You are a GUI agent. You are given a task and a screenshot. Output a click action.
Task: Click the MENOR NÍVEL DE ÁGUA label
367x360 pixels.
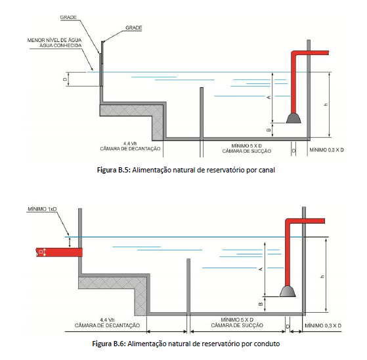54,40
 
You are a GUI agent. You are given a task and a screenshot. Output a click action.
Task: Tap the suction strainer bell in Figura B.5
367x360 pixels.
293,118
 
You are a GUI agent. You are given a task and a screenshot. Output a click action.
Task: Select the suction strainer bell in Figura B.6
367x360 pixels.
288,292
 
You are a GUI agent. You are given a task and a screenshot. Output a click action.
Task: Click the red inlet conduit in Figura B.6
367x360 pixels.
59,252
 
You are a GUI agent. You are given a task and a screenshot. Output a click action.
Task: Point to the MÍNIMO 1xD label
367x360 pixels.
42,209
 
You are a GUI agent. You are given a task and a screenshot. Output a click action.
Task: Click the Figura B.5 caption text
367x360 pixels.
186,170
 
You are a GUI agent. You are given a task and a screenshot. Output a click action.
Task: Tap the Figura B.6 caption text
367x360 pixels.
186,344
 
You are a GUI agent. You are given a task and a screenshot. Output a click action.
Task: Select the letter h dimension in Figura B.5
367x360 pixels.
326,104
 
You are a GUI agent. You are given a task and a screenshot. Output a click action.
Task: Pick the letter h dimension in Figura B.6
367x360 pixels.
322,277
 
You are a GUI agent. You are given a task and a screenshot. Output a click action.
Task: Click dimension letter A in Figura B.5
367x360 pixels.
269,97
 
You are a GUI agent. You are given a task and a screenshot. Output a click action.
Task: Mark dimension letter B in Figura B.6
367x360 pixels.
261,304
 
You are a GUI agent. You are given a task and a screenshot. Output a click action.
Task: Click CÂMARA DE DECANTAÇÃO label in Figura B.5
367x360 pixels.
130,149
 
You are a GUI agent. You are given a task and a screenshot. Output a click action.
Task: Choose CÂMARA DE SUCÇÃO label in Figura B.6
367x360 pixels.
237,325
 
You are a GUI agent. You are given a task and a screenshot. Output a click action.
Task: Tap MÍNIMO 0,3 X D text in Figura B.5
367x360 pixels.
326,150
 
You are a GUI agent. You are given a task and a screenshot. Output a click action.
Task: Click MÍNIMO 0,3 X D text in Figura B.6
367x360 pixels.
323,325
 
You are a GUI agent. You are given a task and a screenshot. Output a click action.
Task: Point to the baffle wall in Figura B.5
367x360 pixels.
202,113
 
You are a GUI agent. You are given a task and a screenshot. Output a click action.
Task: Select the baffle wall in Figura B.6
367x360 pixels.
188,286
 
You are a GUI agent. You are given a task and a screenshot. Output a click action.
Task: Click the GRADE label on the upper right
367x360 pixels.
134,28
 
